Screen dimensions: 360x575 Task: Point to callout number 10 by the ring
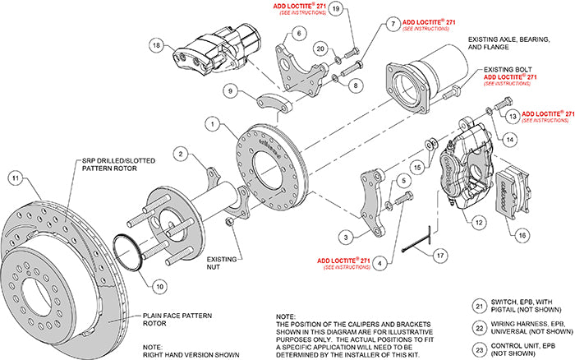pos(159,286)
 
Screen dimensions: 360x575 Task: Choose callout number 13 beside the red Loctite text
pos(513,117)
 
